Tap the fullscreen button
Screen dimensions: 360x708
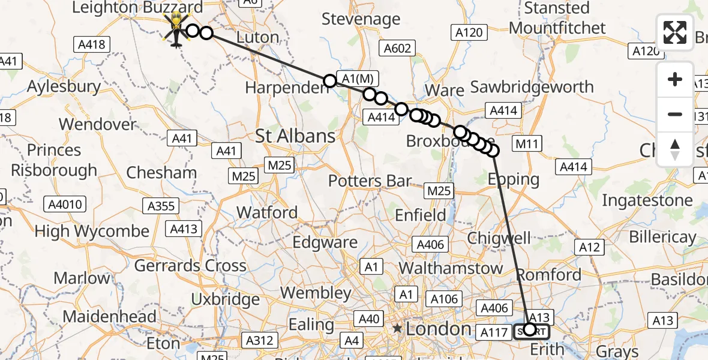(675, 32)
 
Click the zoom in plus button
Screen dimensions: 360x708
(675, 79)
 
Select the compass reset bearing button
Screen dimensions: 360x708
(675, 149)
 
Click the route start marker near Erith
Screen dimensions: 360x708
(529, 329)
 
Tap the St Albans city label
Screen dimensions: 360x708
(295, 136)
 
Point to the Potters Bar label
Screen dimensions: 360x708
(370, 180)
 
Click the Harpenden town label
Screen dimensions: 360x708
(287, 88)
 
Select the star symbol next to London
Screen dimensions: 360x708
(397, 329)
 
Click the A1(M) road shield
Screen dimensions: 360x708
(358, 79)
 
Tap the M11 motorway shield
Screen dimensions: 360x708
(527, 143)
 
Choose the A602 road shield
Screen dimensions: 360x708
(398, 49)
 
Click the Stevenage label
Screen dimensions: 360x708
(361, 19)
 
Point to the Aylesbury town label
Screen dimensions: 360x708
(64, 86)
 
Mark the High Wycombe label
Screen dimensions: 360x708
(92, 231)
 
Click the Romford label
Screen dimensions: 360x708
(549, 275)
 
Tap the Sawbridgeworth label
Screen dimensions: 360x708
(532, 88)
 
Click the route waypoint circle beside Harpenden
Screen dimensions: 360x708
(329, 81)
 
